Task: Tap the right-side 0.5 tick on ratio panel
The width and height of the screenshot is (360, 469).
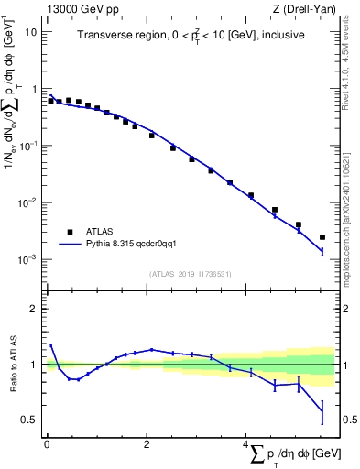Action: tap(349, 420)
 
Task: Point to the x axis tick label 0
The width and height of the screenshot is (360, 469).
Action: tap(47, 444)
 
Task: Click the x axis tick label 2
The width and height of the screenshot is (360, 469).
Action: tap(147, 444)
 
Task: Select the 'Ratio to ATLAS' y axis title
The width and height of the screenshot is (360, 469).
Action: tap(13, 364)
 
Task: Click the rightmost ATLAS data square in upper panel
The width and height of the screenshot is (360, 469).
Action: tap(322, 237)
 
